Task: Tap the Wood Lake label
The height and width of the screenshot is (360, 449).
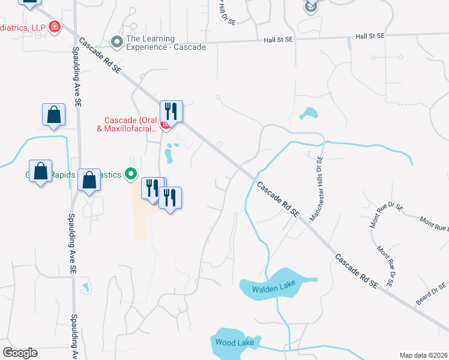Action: (235, 343)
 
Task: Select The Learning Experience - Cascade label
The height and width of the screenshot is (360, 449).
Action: (166, 43)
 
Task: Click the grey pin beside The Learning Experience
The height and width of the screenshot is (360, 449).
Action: (117, 42)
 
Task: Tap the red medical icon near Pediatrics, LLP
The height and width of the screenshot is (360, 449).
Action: (55, 26)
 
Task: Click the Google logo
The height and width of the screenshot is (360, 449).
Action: (20, 353)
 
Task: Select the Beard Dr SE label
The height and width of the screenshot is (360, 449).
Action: (432, 295)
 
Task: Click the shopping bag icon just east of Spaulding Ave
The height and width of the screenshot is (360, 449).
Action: (89, 179)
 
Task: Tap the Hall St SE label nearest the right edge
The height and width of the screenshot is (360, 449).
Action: (370, 37)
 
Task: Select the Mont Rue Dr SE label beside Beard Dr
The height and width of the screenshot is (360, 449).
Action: (386, 265)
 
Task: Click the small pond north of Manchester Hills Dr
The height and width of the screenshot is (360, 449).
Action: (309, 112)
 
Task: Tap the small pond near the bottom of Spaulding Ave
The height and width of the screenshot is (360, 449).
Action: (85, 287)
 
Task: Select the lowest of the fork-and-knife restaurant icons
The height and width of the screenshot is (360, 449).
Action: (170, 198)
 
